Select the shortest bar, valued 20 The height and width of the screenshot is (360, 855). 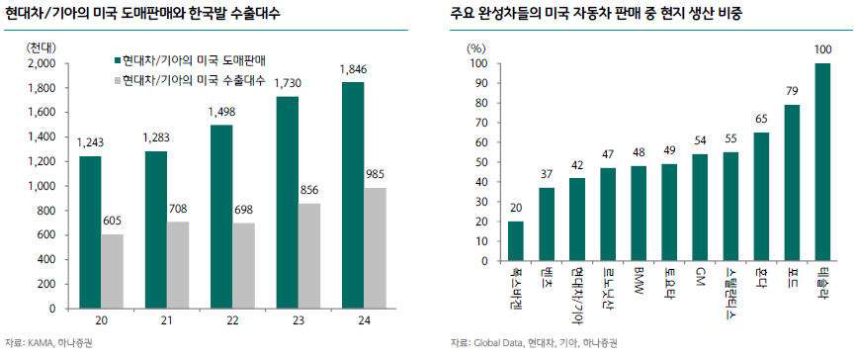coord(516,264)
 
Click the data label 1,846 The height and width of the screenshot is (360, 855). coord(354,69)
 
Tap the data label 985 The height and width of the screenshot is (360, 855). coord(376,175)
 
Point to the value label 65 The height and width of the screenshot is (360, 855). coord(761,120)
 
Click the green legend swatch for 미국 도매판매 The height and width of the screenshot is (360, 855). coord(116,60)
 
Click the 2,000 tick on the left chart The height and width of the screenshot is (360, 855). coord(42,63)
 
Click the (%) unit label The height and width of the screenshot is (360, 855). coord(476,46)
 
